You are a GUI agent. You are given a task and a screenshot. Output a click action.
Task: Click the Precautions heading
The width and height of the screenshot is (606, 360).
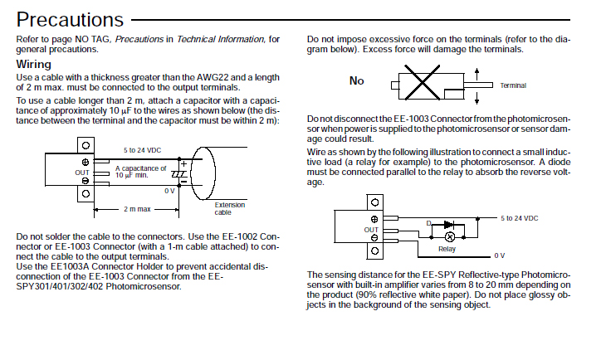[70, 19]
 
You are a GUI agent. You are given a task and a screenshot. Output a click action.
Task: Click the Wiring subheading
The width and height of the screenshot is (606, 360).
[33, 64]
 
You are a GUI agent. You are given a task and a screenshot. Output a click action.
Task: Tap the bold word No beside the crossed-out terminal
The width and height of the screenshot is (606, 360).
[357, 80]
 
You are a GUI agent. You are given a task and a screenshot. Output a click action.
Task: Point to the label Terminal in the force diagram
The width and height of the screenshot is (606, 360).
[513, 85]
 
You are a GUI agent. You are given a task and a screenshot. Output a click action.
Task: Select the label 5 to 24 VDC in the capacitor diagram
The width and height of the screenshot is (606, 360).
[142, 150]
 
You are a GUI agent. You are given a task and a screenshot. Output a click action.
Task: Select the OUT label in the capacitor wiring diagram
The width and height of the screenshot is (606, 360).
[81, 172]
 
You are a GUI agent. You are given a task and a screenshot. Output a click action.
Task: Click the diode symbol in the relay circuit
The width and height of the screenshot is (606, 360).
[448, 224]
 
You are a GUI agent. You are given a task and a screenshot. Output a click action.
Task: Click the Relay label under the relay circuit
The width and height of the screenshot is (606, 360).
[447, 248]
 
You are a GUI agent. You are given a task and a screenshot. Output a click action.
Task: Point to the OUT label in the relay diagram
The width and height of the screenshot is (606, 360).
[370, 230]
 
